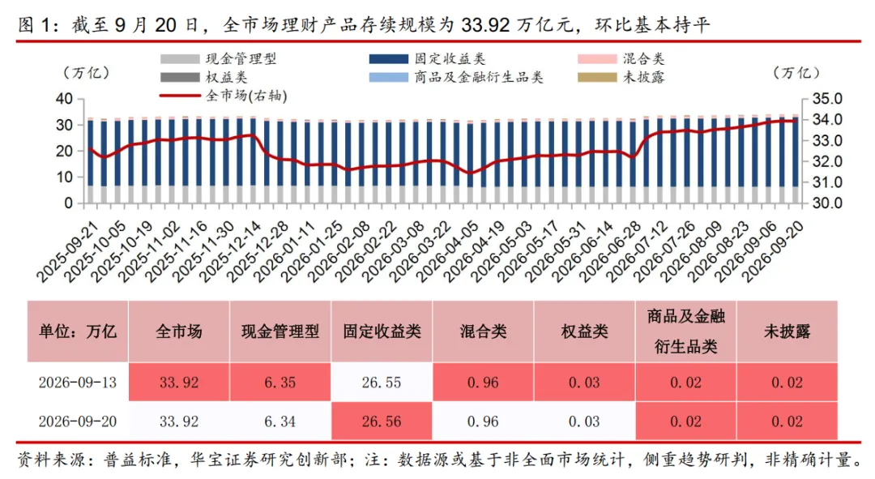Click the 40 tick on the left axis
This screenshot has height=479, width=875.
click(65, 99)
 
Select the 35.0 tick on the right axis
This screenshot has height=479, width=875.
click(827, 99)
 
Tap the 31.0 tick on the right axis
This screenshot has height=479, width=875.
click(827, 182)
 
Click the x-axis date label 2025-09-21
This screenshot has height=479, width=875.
click(67, 251)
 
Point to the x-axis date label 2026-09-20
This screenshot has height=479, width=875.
click(775, 251)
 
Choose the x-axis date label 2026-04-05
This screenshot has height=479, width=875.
click(448, 251)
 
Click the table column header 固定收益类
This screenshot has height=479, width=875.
click(382, 331)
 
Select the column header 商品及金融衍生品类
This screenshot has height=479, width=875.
click(686, 331)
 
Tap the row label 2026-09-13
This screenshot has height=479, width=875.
click(78, 383)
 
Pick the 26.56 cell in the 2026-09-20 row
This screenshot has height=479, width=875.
click(382, 421)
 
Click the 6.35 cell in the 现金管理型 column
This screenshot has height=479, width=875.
click(280, 383)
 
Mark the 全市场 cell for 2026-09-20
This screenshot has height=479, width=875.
click(179, 421)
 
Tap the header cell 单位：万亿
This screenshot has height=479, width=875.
click(78, 331)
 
